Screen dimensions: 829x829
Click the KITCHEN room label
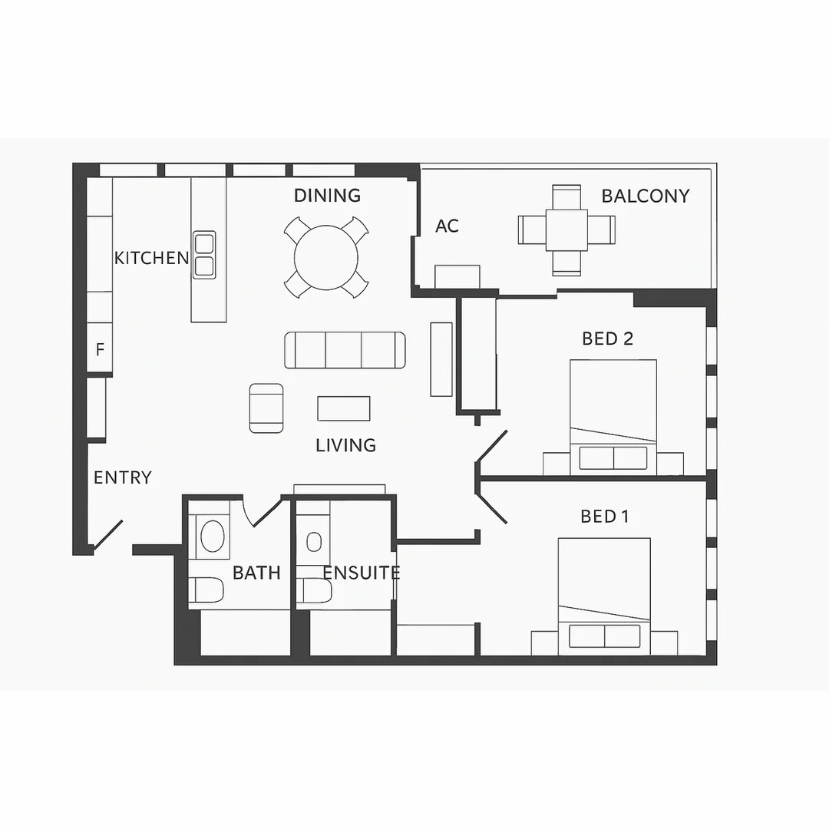[151, 258]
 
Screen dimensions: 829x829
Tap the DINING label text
[327, 196]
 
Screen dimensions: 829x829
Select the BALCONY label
[645, 197]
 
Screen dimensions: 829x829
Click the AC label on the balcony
[447, 226]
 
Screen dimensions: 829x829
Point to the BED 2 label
[607, 339]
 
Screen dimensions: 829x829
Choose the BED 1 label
[604, 517]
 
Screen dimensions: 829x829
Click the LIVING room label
[345, 445]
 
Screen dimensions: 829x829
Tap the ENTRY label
[122, 477]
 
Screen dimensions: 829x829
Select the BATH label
[256, 573]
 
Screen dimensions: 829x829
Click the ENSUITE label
[361, 573]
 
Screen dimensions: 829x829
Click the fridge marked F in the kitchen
[100, 349]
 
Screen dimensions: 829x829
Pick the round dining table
[326, 256]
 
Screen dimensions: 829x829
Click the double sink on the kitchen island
[203, 255]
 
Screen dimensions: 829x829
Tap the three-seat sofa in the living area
[345, 350]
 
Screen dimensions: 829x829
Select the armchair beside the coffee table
[266, 408]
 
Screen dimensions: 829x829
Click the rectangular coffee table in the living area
[344, 408]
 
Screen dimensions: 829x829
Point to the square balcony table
[566, 230]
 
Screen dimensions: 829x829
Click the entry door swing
[107, 536]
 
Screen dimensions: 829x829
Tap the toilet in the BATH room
[208, 590]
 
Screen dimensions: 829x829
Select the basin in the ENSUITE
[314, 542]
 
